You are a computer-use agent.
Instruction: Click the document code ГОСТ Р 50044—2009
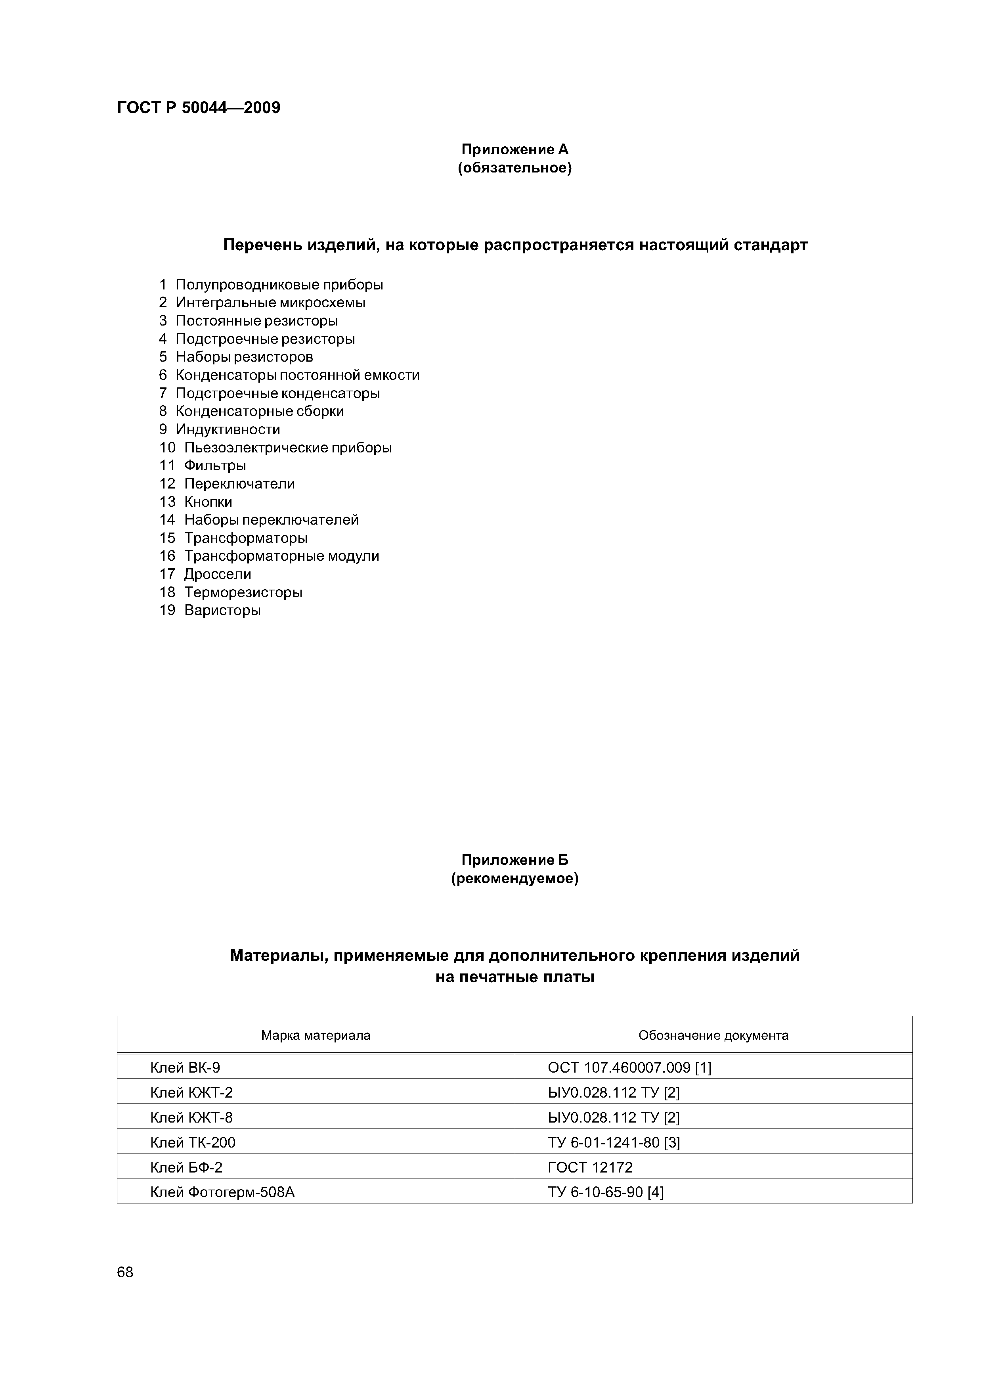pyautogui.click(x=198, y=108)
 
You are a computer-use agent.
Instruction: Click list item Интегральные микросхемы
pyautogui.click(x=270, y=302)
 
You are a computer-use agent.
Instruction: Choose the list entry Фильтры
pyautogui.click(x=215, y=465)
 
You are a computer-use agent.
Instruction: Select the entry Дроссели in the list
pyautogui.click(x=218, y=574)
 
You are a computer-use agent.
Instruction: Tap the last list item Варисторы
pyautogui.click(x=222, y=610)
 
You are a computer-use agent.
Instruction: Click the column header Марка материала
pyautogui.click(x=316, y=1035)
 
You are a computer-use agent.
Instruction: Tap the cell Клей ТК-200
pyautogui.click(x=193, y=1142)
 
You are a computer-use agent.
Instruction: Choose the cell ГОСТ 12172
pyautogui.click(x=589, y=1167)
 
